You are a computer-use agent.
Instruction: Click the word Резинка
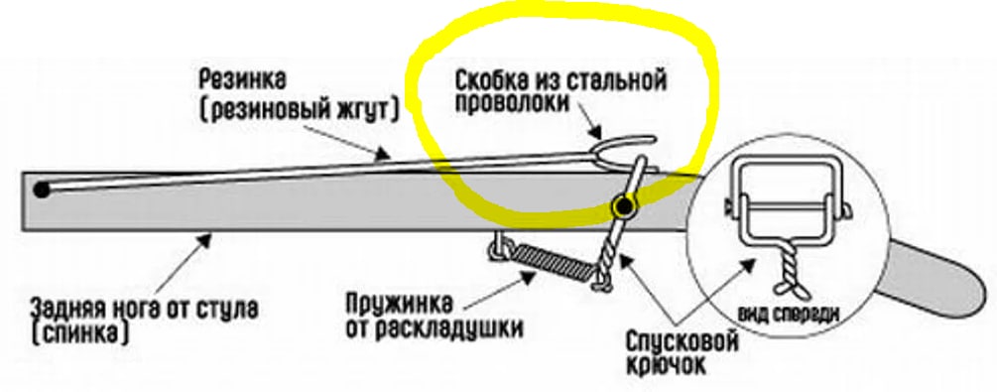[x=243, y=81]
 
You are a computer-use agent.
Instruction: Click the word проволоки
[x=512, y=103]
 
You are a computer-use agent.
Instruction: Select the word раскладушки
[x=445, y=329]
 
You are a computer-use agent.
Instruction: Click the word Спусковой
[x=683, y=342]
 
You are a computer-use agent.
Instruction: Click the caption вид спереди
[x=789, y=314]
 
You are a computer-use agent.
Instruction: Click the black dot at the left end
[x=42, y=190]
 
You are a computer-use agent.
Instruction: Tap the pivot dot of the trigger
[x=624, y=206]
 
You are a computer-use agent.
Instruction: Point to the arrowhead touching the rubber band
[x=383, y=154]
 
